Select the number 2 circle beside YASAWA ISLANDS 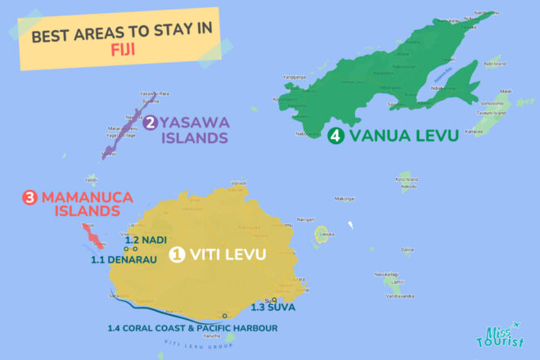[151, 124]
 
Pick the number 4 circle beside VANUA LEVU [335, 137]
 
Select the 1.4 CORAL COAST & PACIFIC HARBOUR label [192, 328]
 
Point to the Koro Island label [406, 178]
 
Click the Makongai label [344, 199]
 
